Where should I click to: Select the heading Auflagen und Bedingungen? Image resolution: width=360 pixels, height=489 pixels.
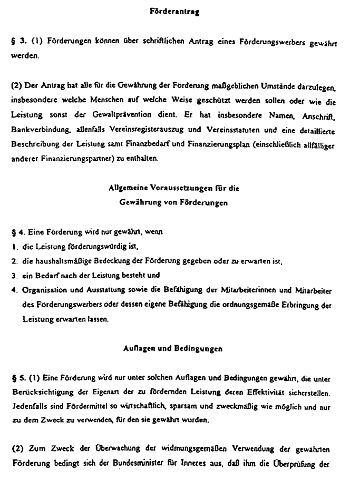pos(172,348)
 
